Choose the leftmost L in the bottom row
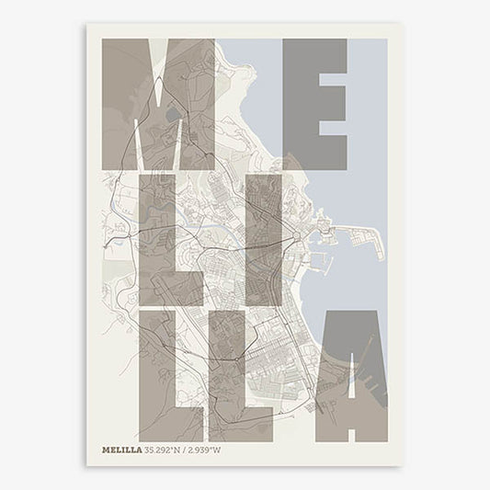(158, 377)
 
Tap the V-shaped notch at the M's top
(157, 69)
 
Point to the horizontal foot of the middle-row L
(179, 292)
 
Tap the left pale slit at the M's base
(137, 147)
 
